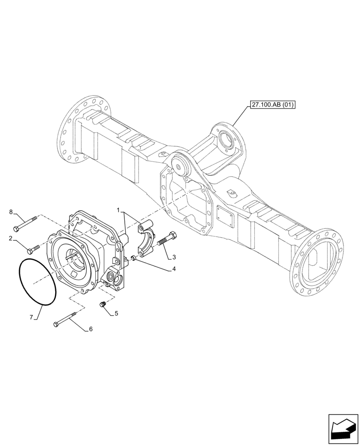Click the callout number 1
(x=118, y=210)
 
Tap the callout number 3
(x=174, y=257)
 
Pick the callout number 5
(x=116, y=314)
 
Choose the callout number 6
(x=90, y=329)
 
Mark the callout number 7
(x=31, y=317)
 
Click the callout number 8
(x=11, y=212)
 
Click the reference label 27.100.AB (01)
(x=273, y=105)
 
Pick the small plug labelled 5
(x=102, y=305)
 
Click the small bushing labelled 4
(x=134, y=258)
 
